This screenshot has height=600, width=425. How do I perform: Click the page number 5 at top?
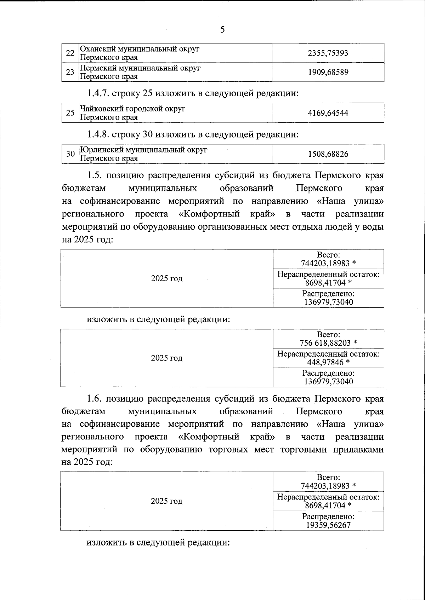[222, 29]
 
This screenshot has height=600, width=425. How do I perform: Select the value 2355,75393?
[328, 53]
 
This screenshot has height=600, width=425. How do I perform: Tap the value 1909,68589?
[328, 72]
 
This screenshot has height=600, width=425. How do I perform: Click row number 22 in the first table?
[70, 53]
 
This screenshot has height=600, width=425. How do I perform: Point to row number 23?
[70, 72]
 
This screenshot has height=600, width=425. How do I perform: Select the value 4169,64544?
[328, 113]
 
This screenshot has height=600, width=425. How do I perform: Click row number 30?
[70, 154]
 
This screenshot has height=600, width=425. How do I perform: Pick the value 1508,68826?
[328, 154]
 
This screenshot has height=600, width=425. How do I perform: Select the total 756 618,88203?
[325, 343]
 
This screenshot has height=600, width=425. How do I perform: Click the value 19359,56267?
[328, 525]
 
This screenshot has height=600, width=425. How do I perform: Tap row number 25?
[70, 113]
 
